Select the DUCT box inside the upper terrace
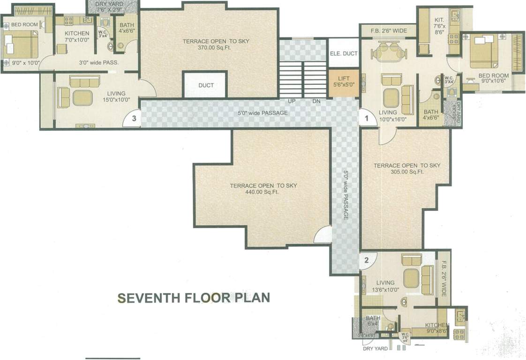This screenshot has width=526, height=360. (x=206, y=85)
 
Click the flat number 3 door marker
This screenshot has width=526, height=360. (x=134, y=119)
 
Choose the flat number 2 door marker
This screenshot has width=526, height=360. (x=367, y=260)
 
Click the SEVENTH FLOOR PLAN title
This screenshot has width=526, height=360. (x=193, y=297)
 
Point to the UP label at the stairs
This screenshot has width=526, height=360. (x=291, y=101)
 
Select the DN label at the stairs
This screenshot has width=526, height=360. (x=316, y=101)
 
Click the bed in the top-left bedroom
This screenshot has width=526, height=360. (x=21, y=44)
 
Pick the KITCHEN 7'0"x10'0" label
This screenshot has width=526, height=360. (x=76, y=37)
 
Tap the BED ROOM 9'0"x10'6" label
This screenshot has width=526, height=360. (x=493, y=78)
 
